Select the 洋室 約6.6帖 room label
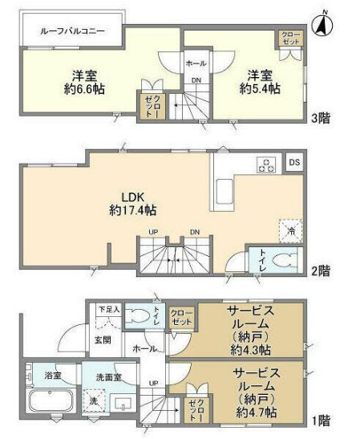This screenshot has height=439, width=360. coord(79,83)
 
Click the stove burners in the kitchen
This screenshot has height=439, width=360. coord(266,165)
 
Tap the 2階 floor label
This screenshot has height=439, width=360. coord(321,271)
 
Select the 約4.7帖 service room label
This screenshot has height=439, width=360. coord(256,392)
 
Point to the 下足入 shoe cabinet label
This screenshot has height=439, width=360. coord(107,309)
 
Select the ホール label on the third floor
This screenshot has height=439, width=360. coord(196,63)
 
